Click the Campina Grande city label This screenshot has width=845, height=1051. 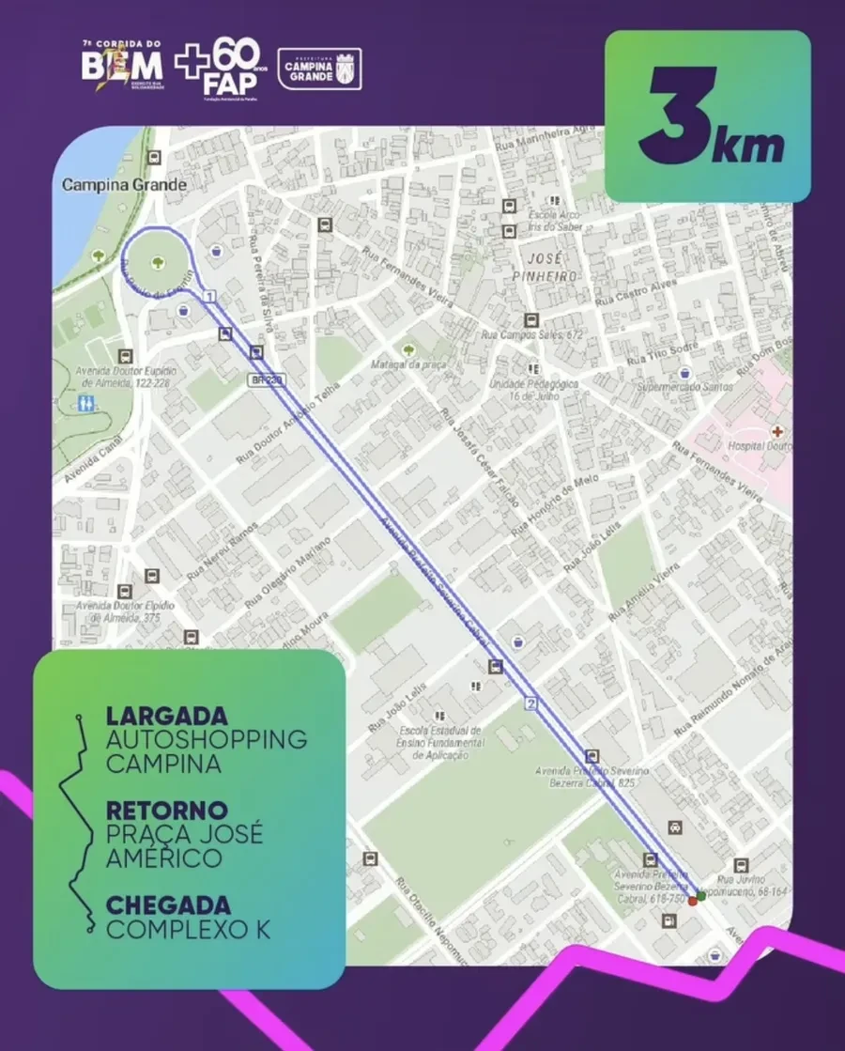pyautogui.click(x=124, y=185)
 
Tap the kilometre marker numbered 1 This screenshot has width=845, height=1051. pyautogui.click(x=208, y=297)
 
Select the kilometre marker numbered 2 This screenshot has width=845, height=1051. pyautogui.click(x=531, y=703)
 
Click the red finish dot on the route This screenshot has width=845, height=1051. pyautogui.click(x=693, y=901)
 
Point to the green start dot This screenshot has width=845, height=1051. pyautogui.click(x=701, y=896)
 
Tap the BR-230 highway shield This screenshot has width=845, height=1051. pyautogui.click(x=267, y=379)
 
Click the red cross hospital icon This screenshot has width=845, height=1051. pyautogui.click(x=776, y=430)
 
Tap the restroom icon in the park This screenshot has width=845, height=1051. pyautogui.click(x=86, y=402)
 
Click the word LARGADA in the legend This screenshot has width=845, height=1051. pyautogui.click(x=168, y=716)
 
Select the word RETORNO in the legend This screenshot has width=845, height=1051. pyautogui.click(x=167, y=810)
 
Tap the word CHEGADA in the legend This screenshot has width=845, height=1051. pyautogui.click(x=168, y=905)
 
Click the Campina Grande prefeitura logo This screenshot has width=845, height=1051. pyautogui.click(x=320, y=69)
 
